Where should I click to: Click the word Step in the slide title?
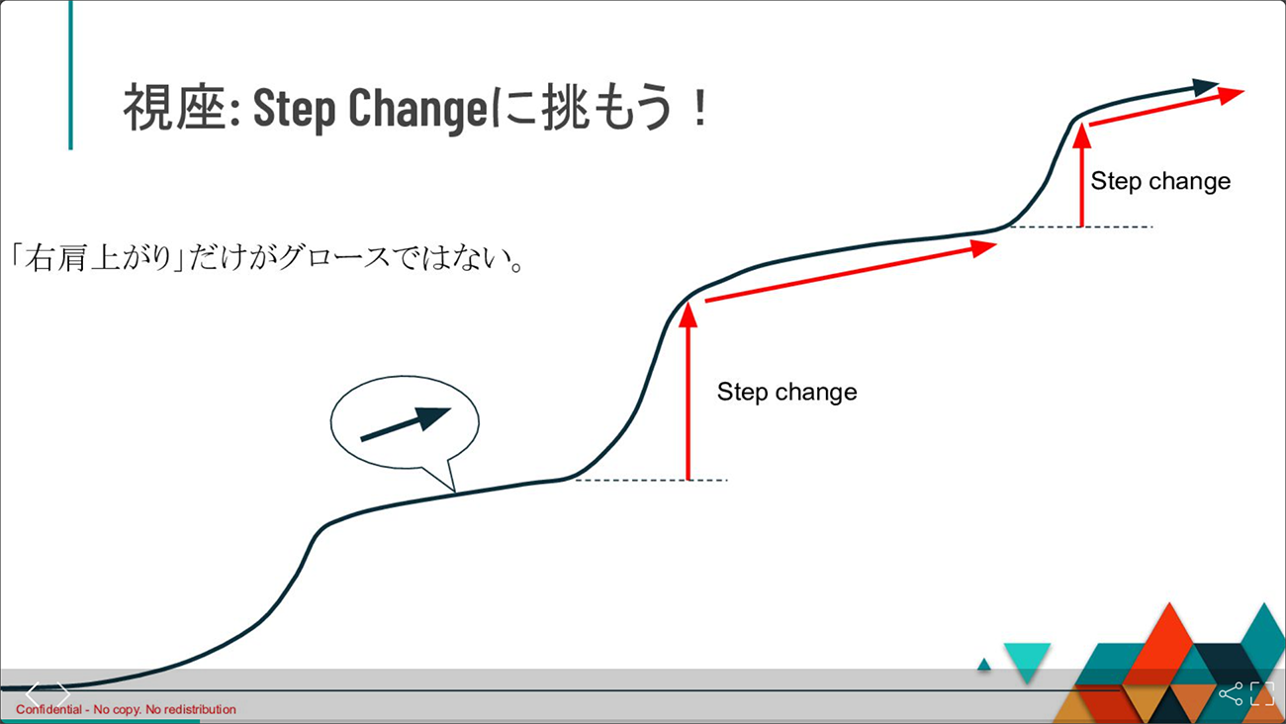294,109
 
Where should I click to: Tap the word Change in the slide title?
417,109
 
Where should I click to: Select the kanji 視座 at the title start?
174,107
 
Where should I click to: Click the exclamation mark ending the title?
699,108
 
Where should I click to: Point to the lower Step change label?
786,393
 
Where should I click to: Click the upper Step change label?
1160,182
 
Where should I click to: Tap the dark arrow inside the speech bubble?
406,424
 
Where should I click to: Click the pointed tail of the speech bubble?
453,491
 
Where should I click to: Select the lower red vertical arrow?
688,391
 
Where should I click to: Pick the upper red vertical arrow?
1081,175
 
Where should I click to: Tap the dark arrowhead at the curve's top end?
1205,87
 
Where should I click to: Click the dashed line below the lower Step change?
651,480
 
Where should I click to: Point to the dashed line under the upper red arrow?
1081,226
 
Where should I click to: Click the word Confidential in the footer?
48,709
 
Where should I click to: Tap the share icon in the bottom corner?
1231,694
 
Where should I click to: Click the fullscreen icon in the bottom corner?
1262,693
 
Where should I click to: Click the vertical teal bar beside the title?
70,74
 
